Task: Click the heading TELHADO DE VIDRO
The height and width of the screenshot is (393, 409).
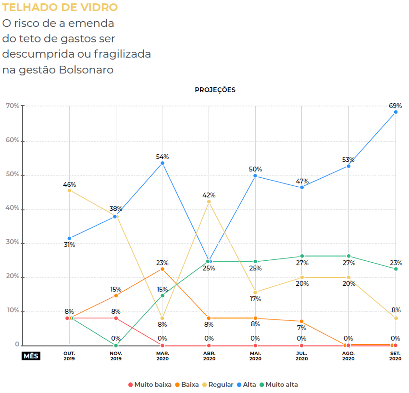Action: pyautogui.click(x=60, y=7)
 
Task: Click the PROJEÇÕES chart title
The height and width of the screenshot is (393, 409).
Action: pyautogui.click(x=215, y=90)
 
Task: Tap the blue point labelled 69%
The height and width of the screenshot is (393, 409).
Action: pyautogui.click(x=395, y=112)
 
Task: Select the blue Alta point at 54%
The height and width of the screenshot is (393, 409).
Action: pyautogui.click(x=162, y=163)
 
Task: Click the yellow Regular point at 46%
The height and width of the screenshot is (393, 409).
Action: pyautogui.click(x=69, y=191)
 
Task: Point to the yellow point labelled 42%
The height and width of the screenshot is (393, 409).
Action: pyautogui.click(x=209, y=202)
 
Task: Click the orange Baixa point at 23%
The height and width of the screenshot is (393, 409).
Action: pyautogui.click(x=162, y=269)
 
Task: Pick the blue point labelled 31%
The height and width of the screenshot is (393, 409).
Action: pyautogui.click(x=69, y=238)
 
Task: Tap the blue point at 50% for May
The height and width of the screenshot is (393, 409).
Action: pyautogui.click(x=255, y=176)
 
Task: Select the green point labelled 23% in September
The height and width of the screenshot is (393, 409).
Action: pyautogui.click(x=396, y=269)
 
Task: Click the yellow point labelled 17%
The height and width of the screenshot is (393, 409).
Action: pyautogui.click(x=255, y=292)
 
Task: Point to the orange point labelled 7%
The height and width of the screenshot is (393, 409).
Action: pyautogui.click(x=302, y=321)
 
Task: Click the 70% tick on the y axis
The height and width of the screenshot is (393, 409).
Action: pyautogui.click(x=13, y=106)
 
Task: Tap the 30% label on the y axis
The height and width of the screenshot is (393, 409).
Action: pyautogui.click(x=13, y=242)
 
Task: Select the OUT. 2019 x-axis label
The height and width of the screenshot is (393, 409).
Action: pyautogui.click(x=69, y=356)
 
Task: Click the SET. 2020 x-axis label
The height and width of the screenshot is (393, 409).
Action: pyautogui.click(x=395, y=356)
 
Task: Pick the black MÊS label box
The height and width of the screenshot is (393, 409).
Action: pyautogui.click(x=31, y=356)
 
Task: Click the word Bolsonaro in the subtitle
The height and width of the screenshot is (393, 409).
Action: pyautogui.click(x=86, y=70)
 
